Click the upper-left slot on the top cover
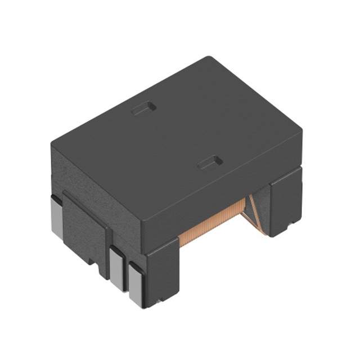[x=143, y=108]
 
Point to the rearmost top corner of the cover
[x=209, y=57]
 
